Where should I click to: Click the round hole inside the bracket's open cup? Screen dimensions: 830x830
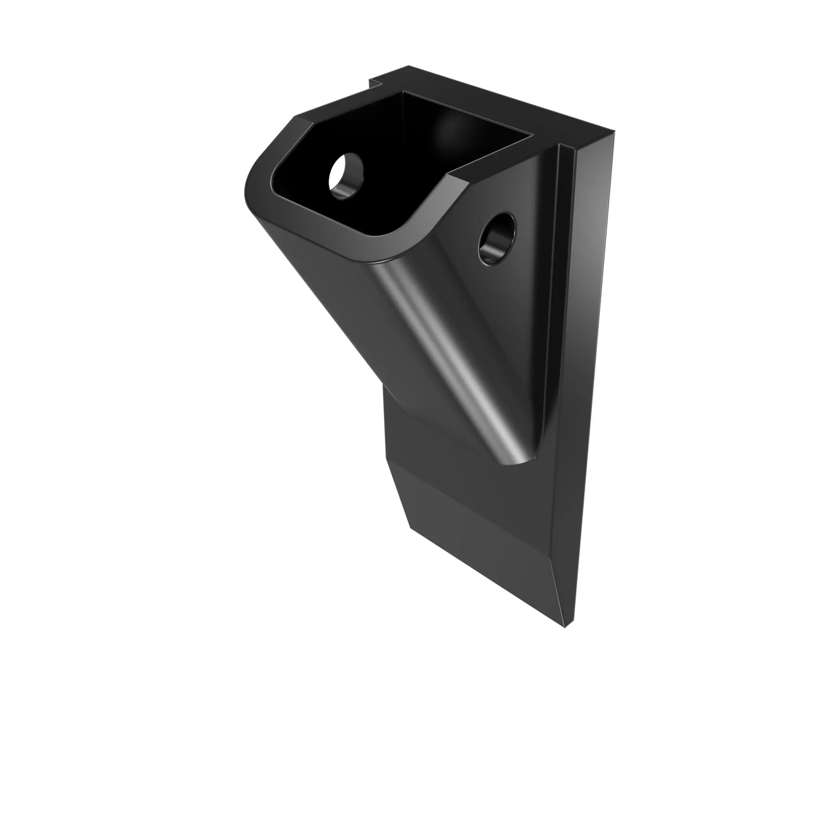346,176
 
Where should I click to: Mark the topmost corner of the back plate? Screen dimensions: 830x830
408,66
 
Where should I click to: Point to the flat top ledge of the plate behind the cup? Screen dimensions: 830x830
494,107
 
